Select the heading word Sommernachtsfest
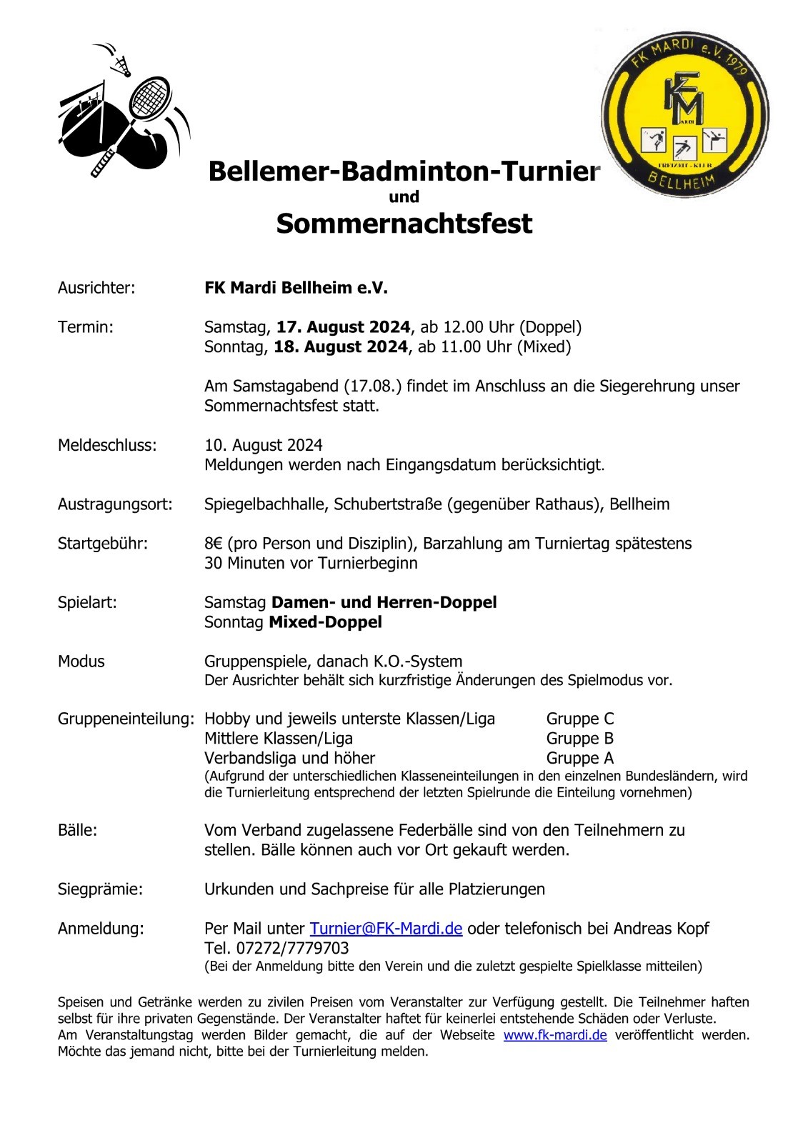pyautogui.click(x=404, y=224)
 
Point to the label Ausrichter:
pyautogui.click(x=96, y=288)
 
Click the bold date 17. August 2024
pyautogui.click(x=343, y=327)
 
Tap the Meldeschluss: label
pyautogui.click(x=107, y=445)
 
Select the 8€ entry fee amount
pyautogui.click(x=213, y=544)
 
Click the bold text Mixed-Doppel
pyautogui.click(x=325, y=622)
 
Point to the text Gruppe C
pyautogui.click(x=580, y=719)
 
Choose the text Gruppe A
pyautogui.click(x=580, y=758)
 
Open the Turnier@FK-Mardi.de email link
pyautogui.click(x=386, y=929)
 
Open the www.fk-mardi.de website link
pyautogui.click(x=555, y=1035)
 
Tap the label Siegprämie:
pyautogui.click(x=100, y=889)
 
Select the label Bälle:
pyautogui.click(x=77, y=830)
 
